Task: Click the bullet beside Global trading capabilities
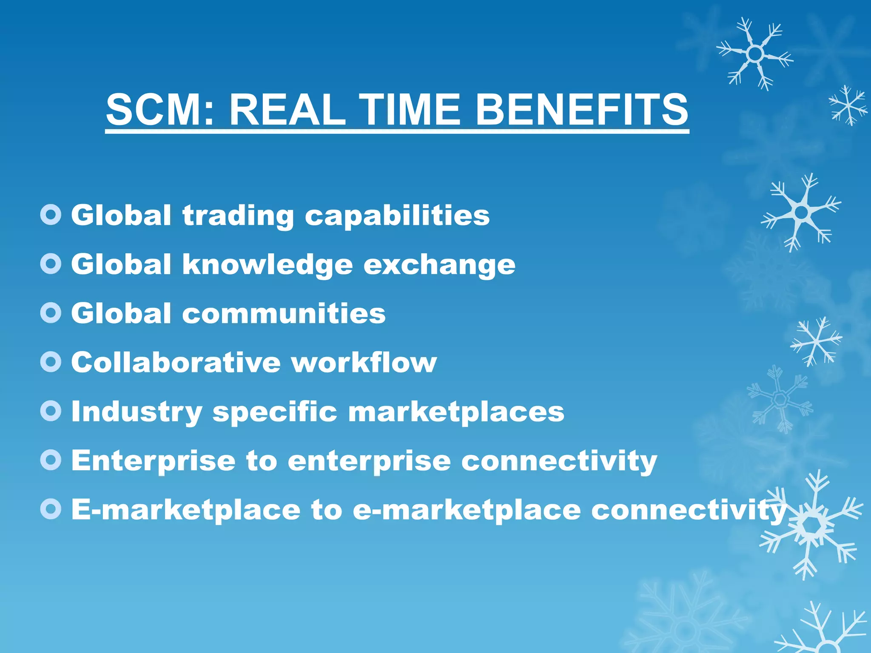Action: (51, 215)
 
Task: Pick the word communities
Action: (284, 314)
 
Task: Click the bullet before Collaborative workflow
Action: (51, 362)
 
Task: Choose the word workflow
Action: (364, 363)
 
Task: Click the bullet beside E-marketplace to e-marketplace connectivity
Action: (51, 509)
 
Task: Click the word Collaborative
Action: (176, 363)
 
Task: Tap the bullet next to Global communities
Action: (51, 313)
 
